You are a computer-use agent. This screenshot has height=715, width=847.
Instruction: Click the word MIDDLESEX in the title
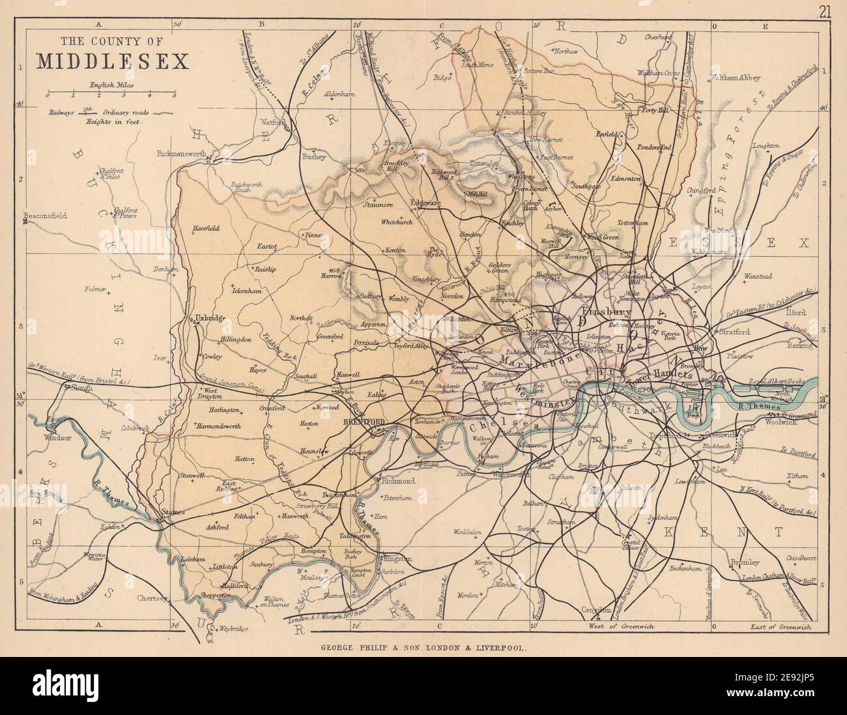[x=112, y=60]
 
